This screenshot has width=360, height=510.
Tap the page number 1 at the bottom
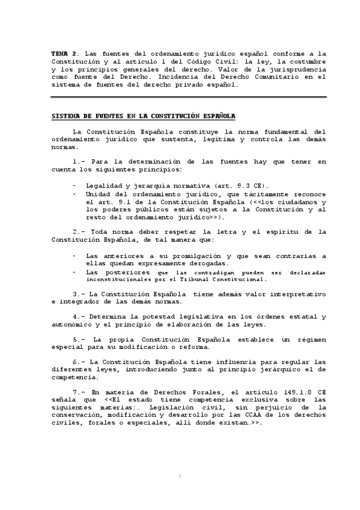pyautogui.click(x=180, y=476)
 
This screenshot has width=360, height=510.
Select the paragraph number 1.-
pyautogui.click(x=81, y=162)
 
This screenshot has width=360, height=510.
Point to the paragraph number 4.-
pyautogui.click(x=81, y=316)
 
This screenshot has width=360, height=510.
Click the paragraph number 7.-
pyautogui.click(x=81, y=392)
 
